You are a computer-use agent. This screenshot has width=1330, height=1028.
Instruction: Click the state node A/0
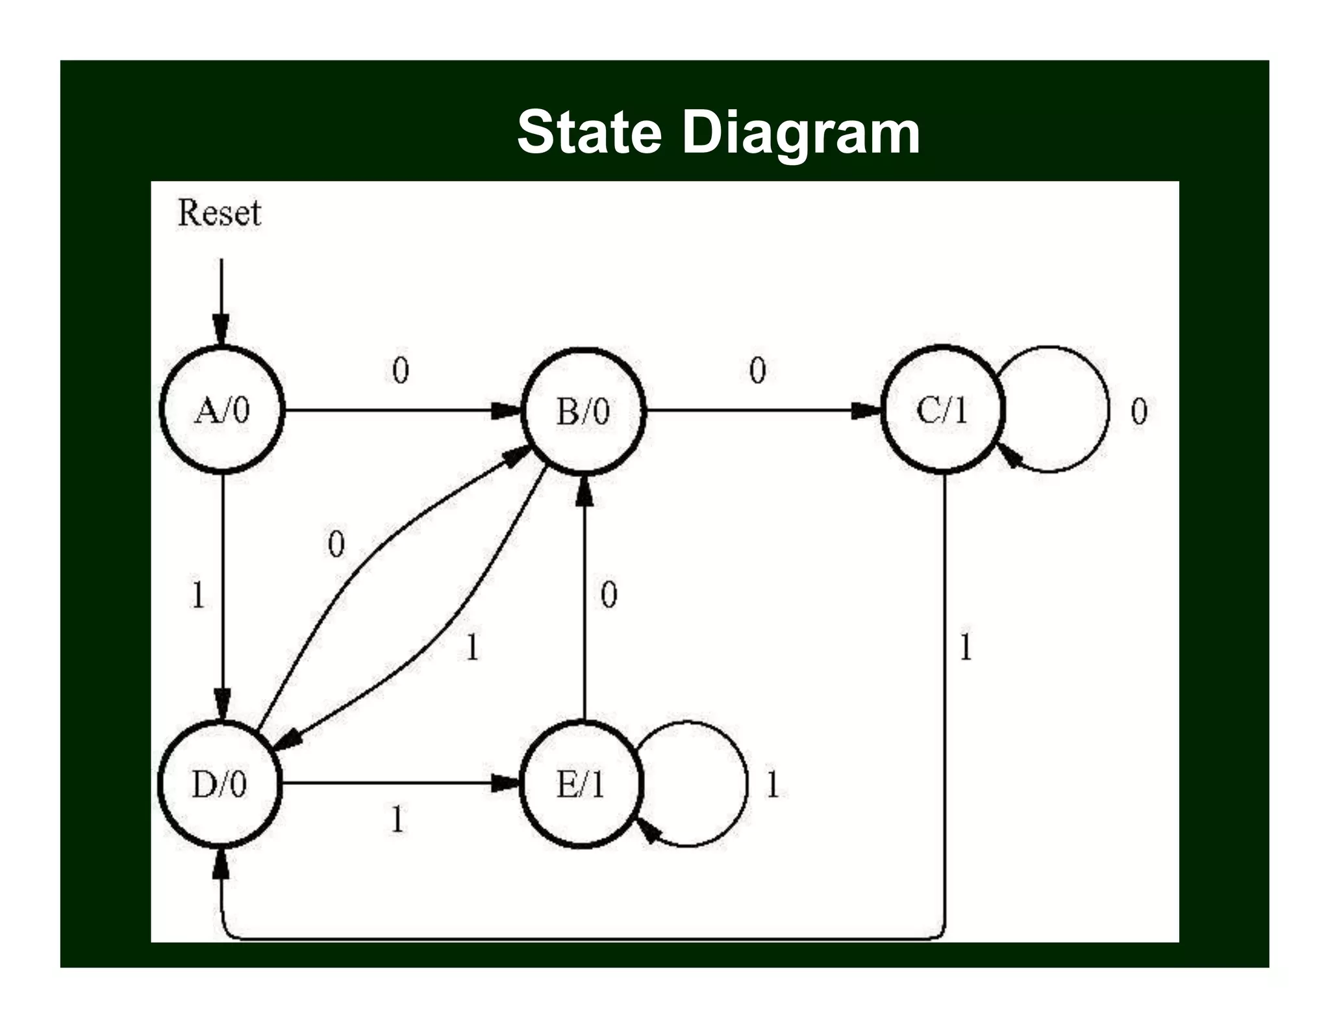pos(222,410)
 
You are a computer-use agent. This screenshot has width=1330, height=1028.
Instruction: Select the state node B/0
pos(583,411)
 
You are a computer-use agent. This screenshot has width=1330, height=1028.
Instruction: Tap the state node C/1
pos(942,410)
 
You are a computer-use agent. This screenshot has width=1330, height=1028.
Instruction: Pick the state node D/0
pos(220,784)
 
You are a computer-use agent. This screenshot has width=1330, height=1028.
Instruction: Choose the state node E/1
pos(581,784)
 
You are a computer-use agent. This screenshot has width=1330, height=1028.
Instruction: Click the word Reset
pos(220,213)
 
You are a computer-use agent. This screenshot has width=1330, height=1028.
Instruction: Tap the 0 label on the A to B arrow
pos(401,370)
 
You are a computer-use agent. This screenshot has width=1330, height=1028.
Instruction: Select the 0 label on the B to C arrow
pos(758,370)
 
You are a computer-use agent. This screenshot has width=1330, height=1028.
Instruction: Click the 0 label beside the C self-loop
pos(1139,411)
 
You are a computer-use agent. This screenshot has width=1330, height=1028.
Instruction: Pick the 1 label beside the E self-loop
pos(772,784)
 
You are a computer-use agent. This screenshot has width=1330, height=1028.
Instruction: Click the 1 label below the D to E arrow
pos(397,819)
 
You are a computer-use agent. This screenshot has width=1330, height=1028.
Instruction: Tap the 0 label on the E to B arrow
pos(609,594)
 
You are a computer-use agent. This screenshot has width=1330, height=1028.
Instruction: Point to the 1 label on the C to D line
pos(966,647)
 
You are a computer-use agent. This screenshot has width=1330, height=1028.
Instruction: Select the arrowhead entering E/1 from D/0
pos(505,783)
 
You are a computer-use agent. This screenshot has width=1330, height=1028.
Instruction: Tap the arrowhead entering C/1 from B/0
pos(865,410)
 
